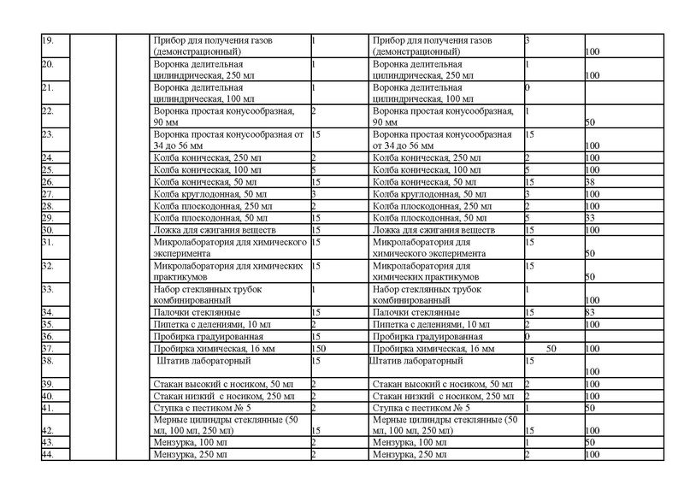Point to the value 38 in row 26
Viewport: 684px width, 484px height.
click(x=590, y=182)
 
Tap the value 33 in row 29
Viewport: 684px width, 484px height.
click(x=590, y=218)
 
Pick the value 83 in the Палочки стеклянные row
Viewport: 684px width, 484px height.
click(x=590, y=313)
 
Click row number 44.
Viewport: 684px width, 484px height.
click(x=48, y=455)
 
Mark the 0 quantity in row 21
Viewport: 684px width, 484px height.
click(x=528, y=87)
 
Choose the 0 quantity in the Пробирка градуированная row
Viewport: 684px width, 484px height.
click(x=528, y=337)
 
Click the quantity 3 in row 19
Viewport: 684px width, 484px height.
click(x=527, y=40)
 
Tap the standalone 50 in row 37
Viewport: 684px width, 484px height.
click(x=551, y=349)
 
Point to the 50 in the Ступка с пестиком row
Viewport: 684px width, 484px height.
click(x=591, y=407)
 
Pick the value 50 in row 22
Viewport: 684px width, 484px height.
click(x=591, y=123)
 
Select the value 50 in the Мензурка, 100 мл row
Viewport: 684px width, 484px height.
click(x=591, y=443)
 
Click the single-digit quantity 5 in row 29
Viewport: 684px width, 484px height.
click(x=527, y=218)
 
